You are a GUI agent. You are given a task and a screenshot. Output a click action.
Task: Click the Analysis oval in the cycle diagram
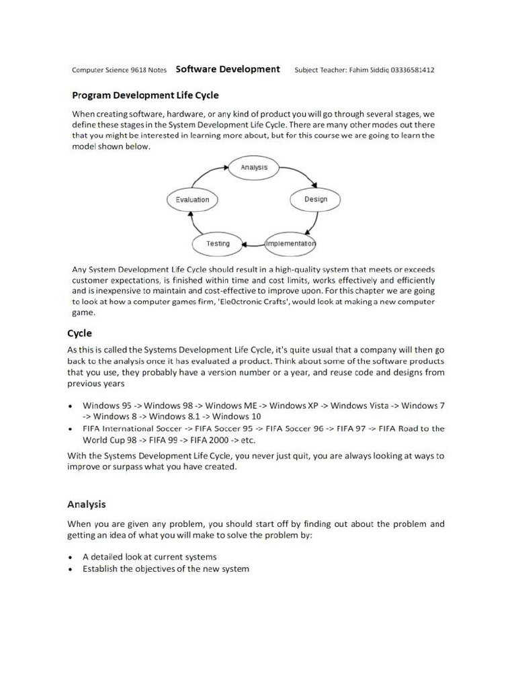[x=254, y=167]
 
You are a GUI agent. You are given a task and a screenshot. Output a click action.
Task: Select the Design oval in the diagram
[x=315, y=200]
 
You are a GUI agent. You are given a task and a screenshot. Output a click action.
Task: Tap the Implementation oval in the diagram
[x=290, y=243]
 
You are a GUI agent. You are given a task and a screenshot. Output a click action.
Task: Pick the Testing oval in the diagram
[x=217, y=243]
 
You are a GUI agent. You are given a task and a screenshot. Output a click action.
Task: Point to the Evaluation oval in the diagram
[x=192, y=200]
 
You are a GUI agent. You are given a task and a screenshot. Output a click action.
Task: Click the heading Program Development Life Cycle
[x=145, y=95]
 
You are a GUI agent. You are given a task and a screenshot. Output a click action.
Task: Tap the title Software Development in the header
[x=228, y=69]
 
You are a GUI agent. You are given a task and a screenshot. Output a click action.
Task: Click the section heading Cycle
[x=79, y=333]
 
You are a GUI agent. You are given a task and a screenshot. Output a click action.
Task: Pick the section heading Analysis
[x=86, y=504]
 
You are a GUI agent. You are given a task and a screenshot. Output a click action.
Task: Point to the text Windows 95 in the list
[x=107, y=405]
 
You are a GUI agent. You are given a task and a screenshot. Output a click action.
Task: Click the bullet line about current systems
[x=149, y=557]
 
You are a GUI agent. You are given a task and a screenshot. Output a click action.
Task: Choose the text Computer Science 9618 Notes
[x=119, y=70]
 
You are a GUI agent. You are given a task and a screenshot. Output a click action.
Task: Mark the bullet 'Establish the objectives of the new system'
[x=165, y=569]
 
